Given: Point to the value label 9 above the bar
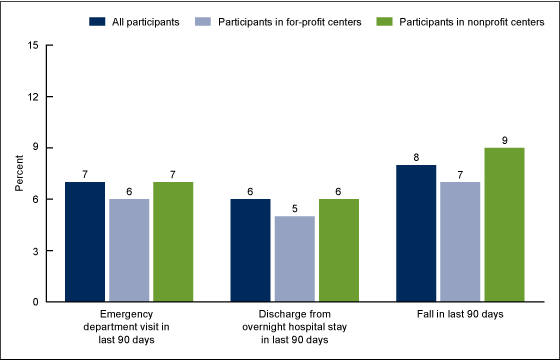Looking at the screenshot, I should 504,139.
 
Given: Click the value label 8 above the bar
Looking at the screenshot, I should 415,156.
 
